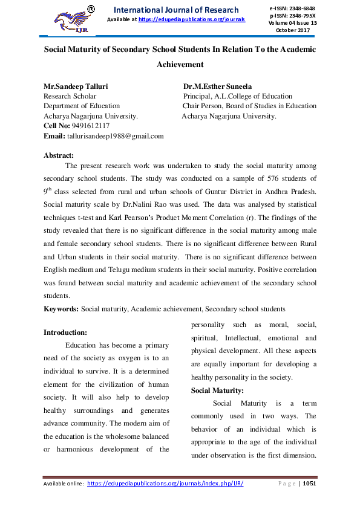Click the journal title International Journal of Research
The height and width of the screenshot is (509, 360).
click(176, 10)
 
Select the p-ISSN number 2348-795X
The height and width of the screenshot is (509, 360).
click(304, 15)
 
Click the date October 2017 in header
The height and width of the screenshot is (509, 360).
click(292, 30)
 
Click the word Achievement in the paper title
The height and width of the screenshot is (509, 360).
click(180, 64)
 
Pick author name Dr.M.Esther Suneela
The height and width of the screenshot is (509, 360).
click(217, 86)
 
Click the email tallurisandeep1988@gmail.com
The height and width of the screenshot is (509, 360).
click(115, 136)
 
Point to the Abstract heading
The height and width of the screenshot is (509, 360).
click(59, 155)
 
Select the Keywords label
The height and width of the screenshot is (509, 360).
click(61, 309)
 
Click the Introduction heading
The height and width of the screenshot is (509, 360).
click(66, 332)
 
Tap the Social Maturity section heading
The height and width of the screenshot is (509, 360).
click(217, 390)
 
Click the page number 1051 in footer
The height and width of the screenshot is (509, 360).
click(309, 484)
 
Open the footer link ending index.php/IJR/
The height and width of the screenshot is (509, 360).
click(165, 484)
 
